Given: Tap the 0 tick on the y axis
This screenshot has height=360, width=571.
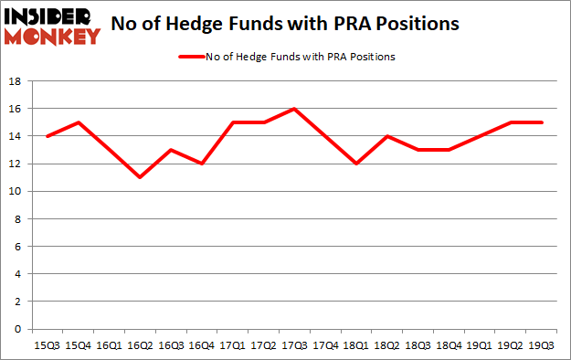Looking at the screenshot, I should (17, 329).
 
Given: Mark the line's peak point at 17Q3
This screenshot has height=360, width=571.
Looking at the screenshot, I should (294, 109).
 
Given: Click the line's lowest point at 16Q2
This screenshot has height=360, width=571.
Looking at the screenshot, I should (139, 177).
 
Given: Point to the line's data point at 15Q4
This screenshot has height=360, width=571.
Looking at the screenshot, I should (77, 122).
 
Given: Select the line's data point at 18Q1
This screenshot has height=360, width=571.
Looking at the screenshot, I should (356, 164).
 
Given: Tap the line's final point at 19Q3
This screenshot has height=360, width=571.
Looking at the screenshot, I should (543, 122).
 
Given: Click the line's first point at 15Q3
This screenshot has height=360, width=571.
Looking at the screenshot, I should (46, 136).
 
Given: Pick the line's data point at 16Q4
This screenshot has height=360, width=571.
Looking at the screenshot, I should (201, 164).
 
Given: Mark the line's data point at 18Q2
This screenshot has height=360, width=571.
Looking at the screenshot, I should (387, 136).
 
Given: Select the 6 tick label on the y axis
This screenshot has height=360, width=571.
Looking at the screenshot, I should (17, 247).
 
